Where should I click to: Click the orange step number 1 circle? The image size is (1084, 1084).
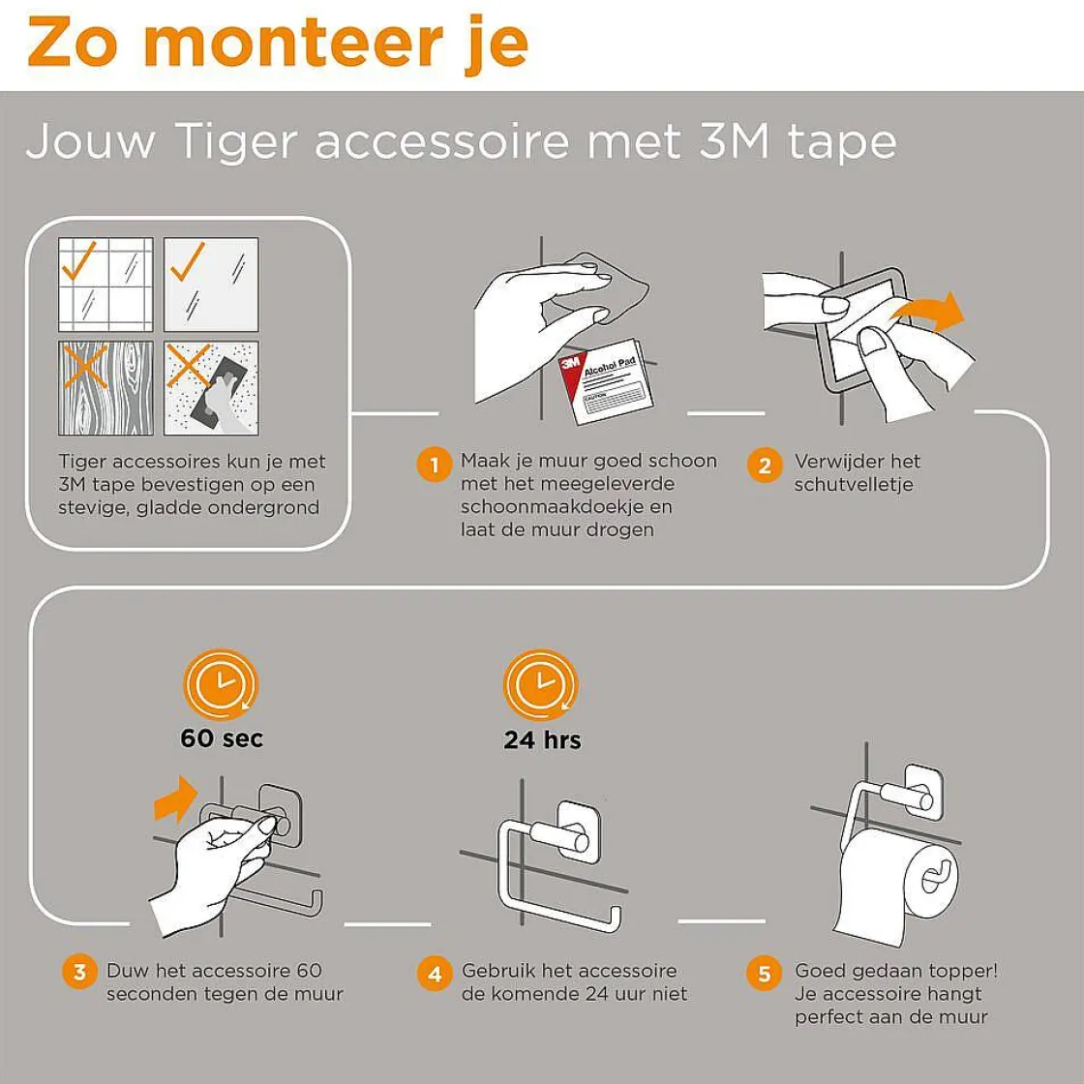tap(434, 466)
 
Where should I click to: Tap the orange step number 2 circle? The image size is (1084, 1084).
tap(765, 466)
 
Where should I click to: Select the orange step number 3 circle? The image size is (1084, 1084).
tap(79, 972)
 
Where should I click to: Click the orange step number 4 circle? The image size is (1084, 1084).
tap(434, 973)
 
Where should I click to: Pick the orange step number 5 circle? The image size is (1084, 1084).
tap(765, 973)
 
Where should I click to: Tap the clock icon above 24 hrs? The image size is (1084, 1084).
tap(540, 684)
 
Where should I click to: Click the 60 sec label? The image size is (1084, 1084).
tap(222, 738)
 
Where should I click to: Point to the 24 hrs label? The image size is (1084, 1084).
tap(542, 740)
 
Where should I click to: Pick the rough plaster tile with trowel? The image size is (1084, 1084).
tap(211, 387)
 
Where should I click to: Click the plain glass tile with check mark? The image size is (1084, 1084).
tap(211, 285)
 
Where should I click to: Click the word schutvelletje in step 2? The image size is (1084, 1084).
tap(854, 485)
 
